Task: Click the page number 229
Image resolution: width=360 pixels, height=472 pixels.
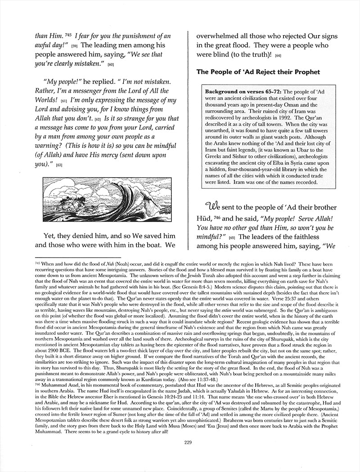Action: (x=189, y=442)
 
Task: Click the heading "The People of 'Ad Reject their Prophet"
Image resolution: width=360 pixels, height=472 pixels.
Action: (x=258, y=72)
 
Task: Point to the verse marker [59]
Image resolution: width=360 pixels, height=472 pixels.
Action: (x=75, y=46)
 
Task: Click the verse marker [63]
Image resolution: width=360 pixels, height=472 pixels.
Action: (x=59, y=166)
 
